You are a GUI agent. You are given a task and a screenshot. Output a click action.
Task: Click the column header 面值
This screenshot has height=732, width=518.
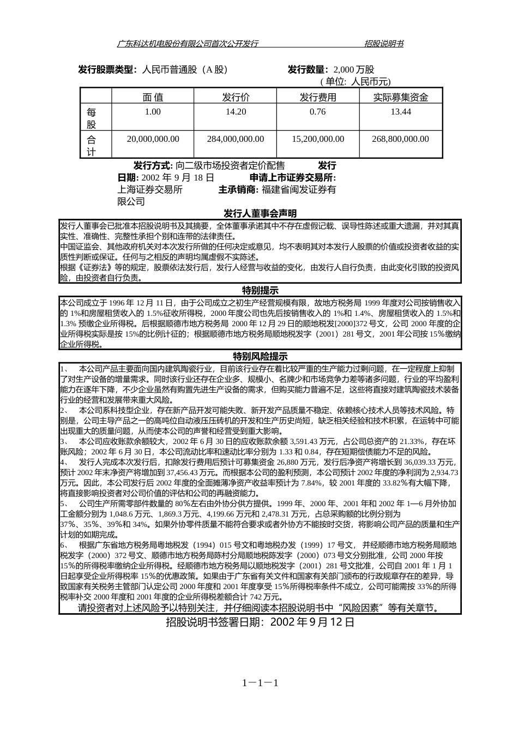[x=153, y=97]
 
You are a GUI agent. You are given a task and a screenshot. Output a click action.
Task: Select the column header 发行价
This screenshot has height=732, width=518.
[x=236, y=97]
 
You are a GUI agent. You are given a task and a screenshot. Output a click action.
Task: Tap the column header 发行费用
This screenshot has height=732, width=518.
[x=318, y=97]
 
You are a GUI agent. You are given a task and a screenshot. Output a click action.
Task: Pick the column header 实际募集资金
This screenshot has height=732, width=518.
[x=400, y=97]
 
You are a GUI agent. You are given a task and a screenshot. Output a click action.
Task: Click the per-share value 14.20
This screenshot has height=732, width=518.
[x=236, y=112]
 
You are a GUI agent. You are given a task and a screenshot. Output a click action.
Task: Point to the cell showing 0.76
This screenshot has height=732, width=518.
[x=317, y=112]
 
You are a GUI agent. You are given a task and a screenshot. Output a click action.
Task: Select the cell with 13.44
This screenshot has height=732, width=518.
[x=400, y=112]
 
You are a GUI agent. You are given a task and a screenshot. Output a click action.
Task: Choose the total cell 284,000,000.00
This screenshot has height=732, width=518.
[x=236, y=139]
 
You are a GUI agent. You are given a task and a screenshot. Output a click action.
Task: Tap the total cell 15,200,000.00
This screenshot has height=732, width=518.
[x=318, y=139]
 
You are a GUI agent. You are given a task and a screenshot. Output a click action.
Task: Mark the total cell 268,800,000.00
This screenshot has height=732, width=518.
[x=400, y=139]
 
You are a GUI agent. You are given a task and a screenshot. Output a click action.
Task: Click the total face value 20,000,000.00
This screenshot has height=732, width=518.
[x=153, y=139]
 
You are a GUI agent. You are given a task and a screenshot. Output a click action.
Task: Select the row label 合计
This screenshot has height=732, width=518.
[x=92, y=145]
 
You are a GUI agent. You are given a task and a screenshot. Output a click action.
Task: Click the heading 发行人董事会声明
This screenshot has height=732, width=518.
[x=260, y=213]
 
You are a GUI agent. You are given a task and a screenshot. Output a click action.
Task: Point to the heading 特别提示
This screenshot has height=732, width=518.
[x=260, y=290]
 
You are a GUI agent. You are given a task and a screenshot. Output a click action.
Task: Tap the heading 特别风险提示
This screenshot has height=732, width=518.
[x=260, y=356]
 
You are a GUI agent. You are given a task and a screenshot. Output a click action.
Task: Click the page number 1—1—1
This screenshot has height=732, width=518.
[x=261, y=683]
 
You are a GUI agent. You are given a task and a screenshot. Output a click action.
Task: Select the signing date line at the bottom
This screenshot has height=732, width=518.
[x=260, y=622]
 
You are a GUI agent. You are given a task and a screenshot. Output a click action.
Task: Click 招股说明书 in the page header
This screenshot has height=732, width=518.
[x=384, y=44]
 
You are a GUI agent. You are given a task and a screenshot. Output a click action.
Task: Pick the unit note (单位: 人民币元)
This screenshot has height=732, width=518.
[x=356, y=82]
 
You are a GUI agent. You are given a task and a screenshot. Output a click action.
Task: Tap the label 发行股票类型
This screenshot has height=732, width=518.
[x=106, y=70]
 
